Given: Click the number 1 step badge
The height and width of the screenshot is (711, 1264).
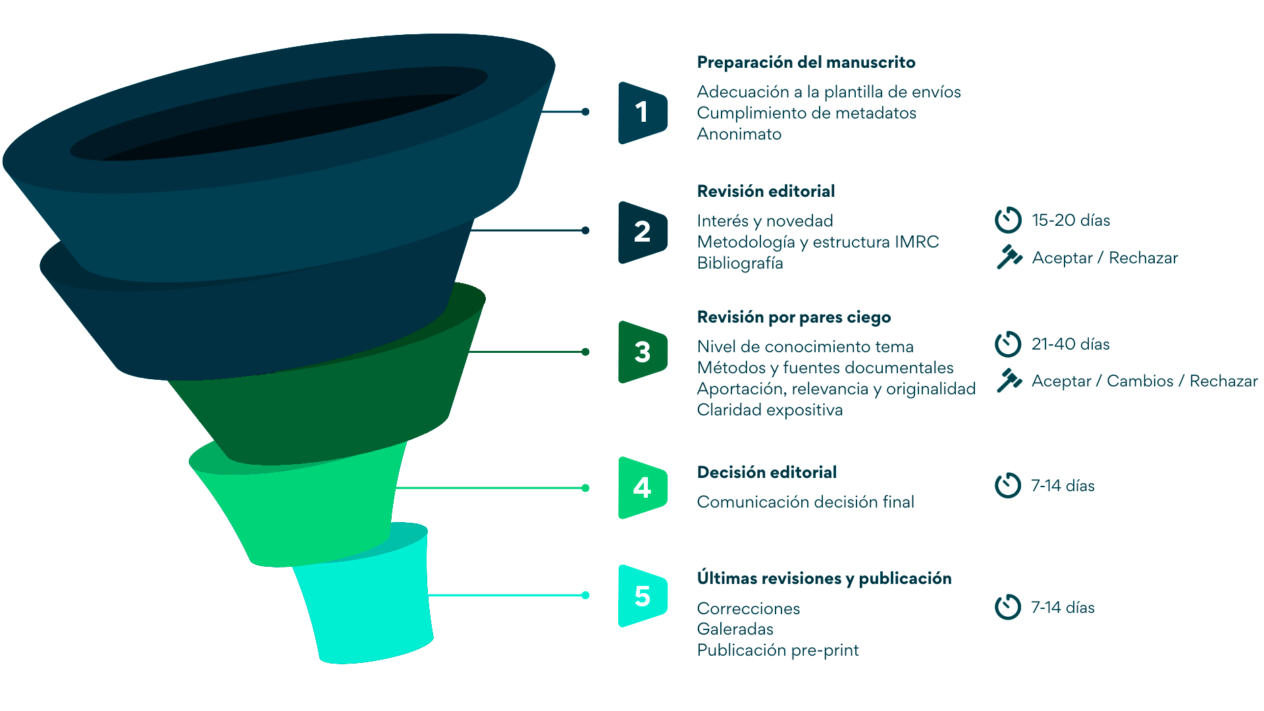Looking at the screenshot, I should pyautogui.click(x=643, y=113).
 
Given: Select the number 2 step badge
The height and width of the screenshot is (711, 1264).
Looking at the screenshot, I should pyautogui.click(x=643, y=232).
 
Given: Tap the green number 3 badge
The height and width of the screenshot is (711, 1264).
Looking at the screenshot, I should pyautogui.click(x=643, y=352).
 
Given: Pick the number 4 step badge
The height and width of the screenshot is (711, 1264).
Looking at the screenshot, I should pyautogui.click(x=643, y=488).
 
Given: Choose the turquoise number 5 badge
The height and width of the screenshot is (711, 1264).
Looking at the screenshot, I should pyautogui.click(x=643, y=596).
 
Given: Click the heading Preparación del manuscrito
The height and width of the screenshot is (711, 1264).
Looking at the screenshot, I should pyautogui.click(x=806, y=63).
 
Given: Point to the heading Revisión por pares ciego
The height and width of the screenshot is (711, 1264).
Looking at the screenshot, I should pyautogui.click(x=793, y=317).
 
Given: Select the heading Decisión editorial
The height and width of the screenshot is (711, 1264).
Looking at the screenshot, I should pyautogui.click(x=766, y=473).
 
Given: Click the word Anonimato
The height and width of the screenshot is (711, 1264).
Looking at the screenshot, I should pyautogui.click(x=739, y=134).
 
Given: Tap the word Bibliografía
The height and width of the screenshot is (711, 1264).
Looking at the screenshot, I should pyautogui.click(x=739, y=263).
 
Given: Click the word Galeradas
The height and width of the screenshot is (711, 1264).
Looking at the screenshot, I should pyautogui.click(x=735, y=629).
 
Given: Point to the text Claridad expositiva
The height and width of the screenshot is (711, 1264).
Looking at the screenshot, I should pyautogui.click(x=769, y=410).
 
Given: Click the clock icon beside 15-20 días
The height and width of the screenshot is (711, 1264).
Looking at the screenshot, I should pyautogui.click(x=1008, y=220).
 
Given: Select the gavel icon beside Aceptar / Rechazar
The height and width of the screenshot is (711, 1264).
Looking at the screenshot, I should pyautogui.click(x=1009, y=257).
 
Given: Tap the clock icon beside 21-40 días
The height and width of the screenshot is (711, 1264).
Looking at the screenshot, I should pyautogui.click(x=1008, y=344).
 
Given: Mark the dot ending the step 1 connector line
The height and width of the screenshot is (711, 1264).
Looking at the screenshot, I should pyautogui.click(x=585, y=112).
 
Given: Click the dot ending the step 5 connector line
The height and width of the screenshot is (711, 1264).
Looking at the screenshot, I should pyautogui.click(x=585, y=595).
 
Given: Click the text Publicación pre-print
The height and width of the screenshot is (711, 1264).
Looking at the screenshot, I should pyautogui.click(x=777, y=650).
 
